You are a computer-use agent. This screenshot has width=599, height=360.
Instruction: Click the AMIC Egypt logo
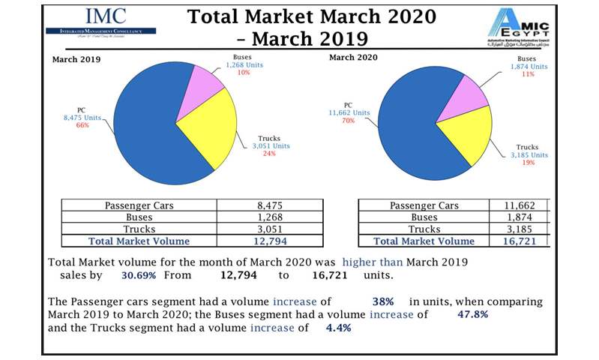(519, 28)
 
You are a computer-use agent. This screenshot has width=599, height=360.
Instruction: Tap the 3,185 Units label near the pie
(529, 155)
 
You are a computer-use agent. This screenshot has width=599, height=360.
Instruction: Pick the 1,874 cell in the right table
(519, 217)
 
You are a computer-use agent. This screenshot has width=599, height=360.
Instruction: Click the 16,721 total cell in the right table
(519, 241)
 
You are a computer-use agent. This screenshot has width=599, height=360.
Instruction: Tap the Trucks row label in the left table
(139, 229)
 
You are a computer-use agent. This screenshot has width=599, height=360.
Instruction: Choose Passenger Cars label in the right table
(424, 205)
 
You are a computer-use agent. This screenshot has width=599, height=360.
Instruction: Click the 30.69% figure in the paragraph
(118, 275)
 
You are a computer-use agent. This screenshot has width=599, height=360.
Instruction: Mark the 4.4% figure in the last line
(338, 328)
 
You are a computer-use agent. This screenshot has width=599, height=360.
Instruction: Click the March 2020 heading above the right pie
(353, 57)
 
